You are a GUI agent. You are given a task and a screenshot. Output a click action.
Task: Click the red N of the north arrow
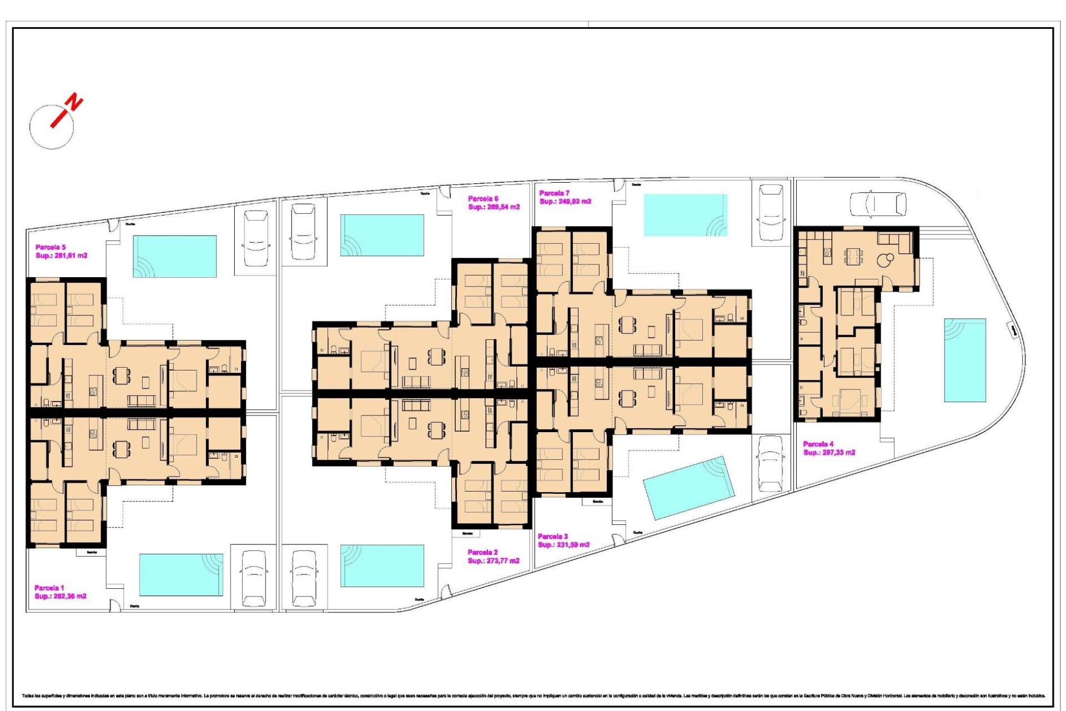click(74, 103)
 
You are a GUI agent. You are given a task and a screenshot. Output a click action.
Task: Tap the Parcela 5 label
click(51, 247)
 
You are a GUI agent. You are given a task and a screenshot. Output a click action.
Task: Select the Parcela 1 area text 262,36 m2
click(61, 597)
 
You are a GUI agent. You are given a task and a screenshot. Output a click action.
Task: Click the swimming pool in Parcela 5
click(174, 256)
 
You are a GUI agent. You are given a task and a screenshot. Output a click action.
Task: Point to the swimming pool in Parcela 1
click(181, 574)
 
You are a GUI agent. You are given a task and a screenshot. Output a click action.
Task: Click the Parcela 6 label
click(483, 198)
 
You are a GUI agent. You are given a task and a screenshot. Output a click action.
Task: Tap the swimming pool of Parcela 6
click(383, 235)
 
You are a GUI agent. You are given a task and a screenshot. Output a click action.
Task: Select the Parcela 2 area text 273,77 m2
click(494, 561)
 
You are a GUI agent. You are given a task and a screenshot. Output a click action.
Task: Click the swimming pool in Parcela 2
click(383, 565)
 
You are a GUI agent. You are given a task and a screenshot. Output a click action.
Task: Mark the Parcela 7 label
click(554, 193)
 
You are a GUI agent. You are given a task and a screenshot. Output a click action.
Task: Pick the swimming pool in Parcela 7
click(686, 214)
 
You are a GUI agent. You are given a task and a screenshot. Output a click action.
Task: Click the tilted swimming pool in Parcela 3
click(688, 488)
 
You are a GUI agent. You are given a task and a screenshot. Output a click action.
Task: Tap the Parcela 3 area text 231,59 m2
click(564, 545)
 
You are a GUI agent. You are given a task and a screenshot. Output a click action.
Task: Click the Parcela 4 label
click(818, 444)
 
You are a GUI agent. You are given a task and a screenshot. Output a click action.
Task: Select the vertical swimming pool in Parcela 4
click(965, 360)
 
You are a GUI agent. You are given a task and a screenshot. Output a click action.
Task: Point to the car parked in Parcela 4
click(878, 204)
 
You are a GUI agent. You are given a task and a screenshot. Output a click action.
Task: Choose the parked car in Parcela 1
click(254, 578)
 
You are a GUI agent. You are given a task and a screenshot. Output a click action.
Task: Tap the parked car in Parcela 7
click(771, 212)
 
